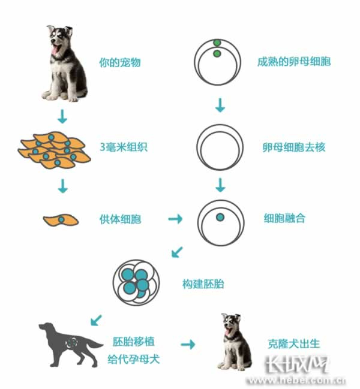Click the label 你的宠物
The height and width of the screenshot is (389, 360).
[x=120, y=62]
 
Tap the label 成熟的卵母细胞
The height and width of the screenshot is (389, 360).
[x=294, y=61]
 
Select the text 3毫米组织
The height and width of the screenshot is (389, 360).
[x=124, y=147]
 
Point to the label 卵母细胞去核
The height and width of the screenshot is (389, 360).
[x=294, y=147]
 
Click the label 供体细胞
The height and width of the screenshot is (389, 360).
[x=120, y=219]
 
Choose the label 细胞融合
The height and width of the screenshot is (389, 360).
[x=284, y=218]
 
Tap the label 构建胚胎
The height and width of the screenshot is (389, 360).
[x=203, y=284]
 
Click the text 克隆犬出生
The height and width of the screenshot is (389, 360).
[x=294, y=343]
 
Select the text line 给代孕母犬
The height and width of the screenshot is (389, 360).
[x=134, y=359]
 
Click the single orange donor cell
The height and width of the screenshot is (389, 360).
[x=61, y=220]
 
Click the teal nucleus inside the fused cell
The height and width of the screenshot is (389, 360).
[x=220, y=218]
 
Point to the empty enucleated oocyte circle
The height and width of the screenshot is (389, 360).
[x=220, y=124]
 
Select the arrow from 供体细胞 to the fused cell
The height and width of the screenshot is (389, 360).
[x=175, y=219]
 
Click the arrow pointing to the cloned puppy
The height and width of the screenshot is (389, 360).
[x=188, y=344]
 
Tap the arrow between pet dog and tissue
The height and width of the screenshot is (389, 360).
[x=62, y=116]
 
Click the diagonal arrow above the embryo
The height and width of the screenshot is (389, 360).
[x=177, y=252]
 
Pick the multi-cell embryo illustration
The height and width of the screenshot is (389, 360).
[x=136, y=282]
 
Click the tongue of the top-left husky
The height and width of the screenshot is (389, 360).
[x=55, y=50]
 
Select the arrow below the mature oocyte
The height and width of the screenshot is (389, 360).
[x=220, y=105]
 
